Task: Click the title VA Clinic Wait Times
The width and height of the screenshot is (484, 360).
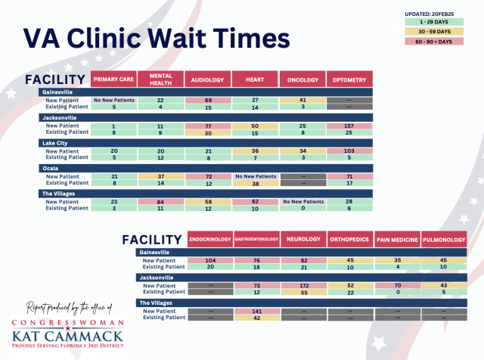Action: click(x=155, y=39)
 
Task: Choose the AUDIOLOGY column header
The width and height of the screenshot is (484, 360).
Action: click(x=206, y=79)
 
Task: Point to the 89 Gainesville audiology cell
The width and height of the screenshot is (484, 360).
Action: click(x=206, y=100)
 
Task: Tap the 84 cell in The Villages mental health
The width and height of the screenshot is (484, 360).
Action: click(x=160, y=202)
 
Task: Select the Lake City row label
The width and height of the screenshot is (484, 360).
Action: click(x=55, y=142)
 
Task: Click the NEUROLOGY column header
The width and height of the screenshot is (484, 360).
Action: click(x=302, y=240)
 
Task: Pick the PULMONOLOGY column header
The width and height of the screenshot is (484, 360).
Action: click(x=442, y=240)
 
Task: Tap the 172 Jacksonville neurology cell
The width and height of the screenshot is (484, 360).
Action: click(x=302, y=285)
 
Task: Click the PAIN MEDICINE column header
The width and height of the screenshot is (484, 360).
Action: click(x=396, y=240)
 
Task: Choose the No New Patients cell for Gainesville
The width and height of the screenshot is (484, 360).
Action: click(x=113, y=100)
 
